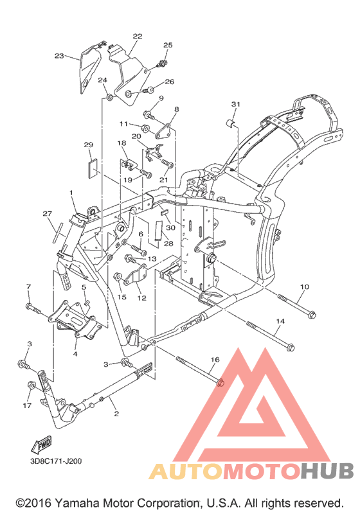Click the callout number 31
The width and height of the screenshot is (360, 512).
click(x=235, y=104)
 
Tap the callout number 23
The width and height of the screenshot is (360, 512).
click(x=59, y=56)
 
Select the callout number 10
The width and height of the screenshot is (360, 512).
click(x=304, y=287)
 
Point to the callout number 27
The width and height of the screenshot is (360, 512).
click(x=48, y=213)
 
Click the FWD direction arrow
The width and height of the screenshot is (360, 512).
click(x=42, y=445)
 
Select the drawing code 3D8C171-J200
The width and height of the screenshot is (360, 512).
click(x=55, y=461)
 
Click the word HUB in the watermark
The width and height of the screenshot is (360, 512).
click(x=327, y=472)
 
